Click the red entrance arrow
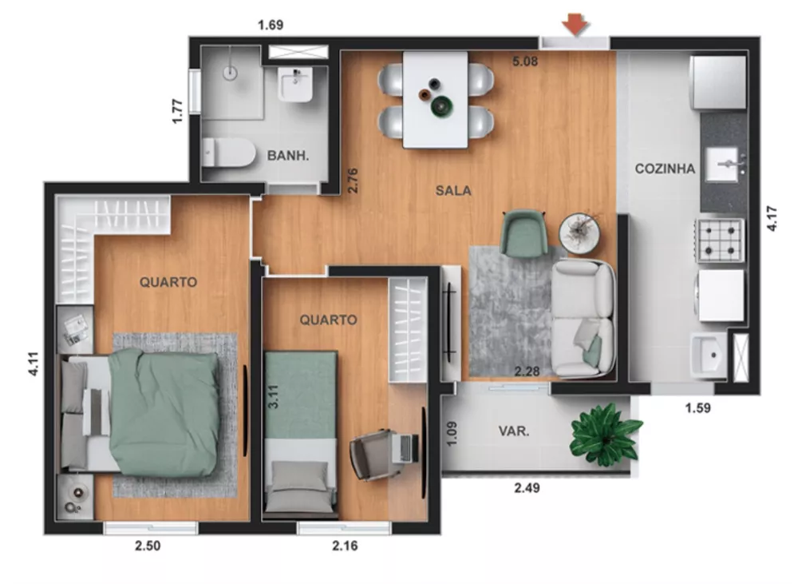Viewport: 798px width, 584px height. point(575,25)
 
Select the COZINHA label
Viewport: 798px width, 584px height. point(665,169)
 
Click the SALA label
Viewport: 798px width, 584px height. point(453,191)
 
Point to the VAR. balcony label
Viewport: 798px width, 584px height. point(515,431)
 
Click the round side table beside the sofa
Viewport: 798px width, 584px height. point(583,232)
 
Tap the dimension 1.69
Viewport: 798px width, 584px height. point(271,25)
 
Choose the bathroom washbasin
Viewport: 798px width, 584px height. point(297,84)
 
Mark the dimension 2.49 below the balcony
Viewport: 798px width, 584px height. point(526,488)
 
